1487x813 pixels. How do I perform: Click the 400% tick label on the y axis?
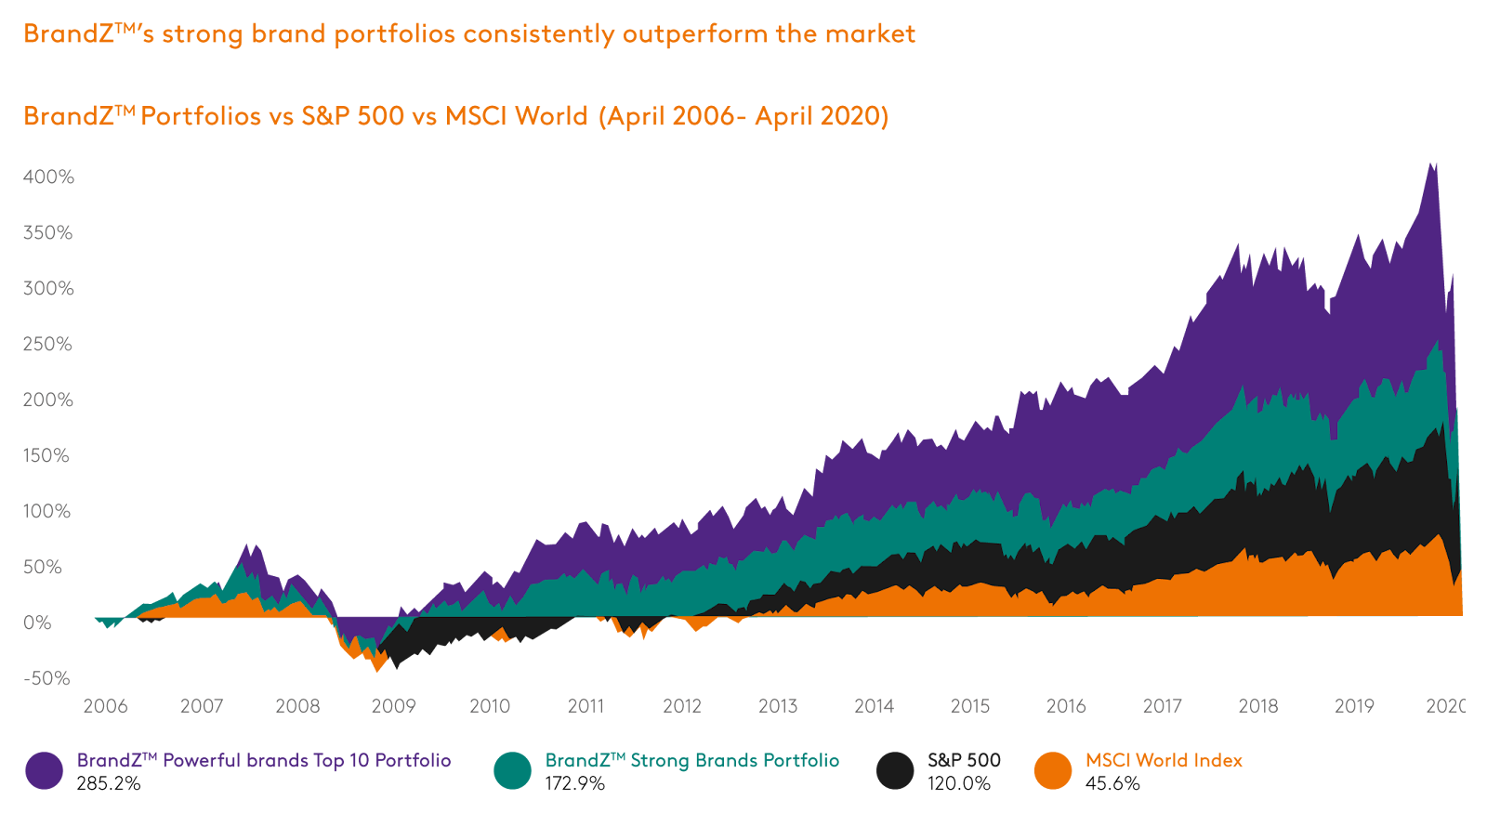click(48, 177)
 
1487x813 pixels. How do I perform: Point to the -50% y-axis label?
click(46, 678)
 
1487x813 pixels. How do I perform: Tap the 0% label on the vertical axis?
click(37, 623)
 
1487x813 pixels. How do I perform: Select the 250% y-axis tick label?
click(48, 344)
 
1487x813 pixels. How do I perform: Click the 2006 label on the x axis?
click(105, 706)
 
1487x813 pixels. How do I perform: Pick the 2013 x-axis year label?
click(778, 706)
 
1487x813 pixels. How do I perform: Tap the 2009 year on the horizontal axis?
click(393, 706)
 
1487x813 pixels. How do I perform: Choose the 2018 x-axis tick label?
click(1258, 706)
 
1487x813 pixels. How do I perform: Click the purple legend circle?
click(44, 770)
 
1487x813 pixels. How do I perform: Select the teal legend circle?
click(512, 770)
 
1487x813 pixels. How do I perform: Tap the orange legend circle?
click(1053, 770)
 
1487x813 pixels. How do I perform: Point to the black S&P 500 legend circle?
click(895, 770)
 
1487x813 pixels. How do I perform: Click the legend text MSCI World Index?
click(1164, 761)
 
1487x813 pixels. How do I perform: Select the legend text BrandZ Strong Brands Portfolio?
click(692, 761)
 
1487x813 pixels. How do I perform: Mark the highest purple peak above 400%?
click(1432, 163)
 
